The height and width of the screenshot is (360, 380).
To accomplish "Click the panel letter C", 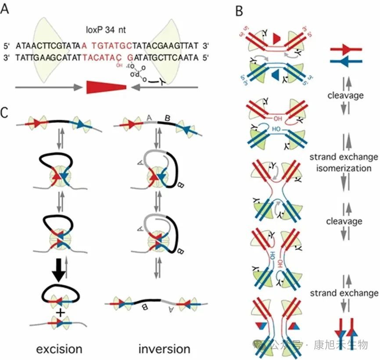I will [x=5, y=113].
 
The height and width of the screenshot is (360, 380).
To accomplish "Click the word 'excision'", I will [x=59, y=349].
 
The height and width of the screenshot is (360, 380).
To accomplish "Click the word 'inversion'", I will [x=164, y=349].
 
